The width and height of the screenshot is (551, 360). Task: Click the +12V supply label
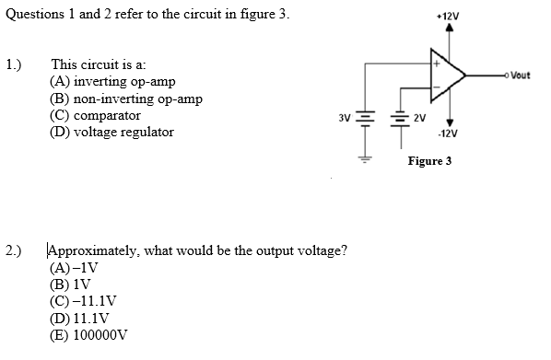click(451, 17)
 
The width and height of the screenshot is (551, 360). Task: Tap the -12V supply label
click(450, 134)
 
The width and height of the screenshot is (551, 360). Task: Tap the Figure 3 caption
click(429, 160)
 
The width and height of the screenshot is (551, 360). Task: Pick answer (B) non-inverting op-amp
click(126, 99)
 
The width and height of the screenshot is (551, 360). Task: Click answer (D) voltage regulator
click(111, 132)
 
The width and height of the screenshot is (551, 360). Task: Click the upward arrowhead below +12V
click(450, 29)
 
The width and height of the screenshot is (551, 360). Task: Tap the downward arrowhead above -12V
click(450, 122)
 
